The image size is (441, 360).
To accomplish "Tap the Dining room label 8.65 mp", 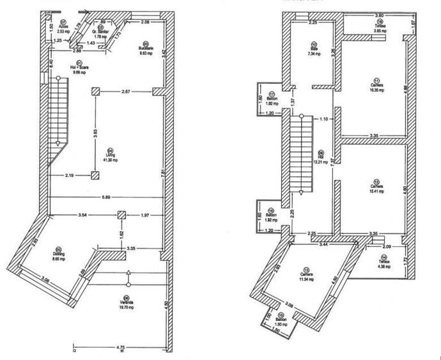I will point(59,253).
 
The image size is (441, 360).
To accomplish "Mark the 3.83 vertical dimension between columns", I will point(95,134).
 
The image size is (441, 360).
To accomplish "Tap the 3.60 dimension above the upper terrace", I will point(378,15).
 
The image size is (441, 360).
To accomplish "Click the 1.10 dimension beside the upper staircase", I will point(323,119).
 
